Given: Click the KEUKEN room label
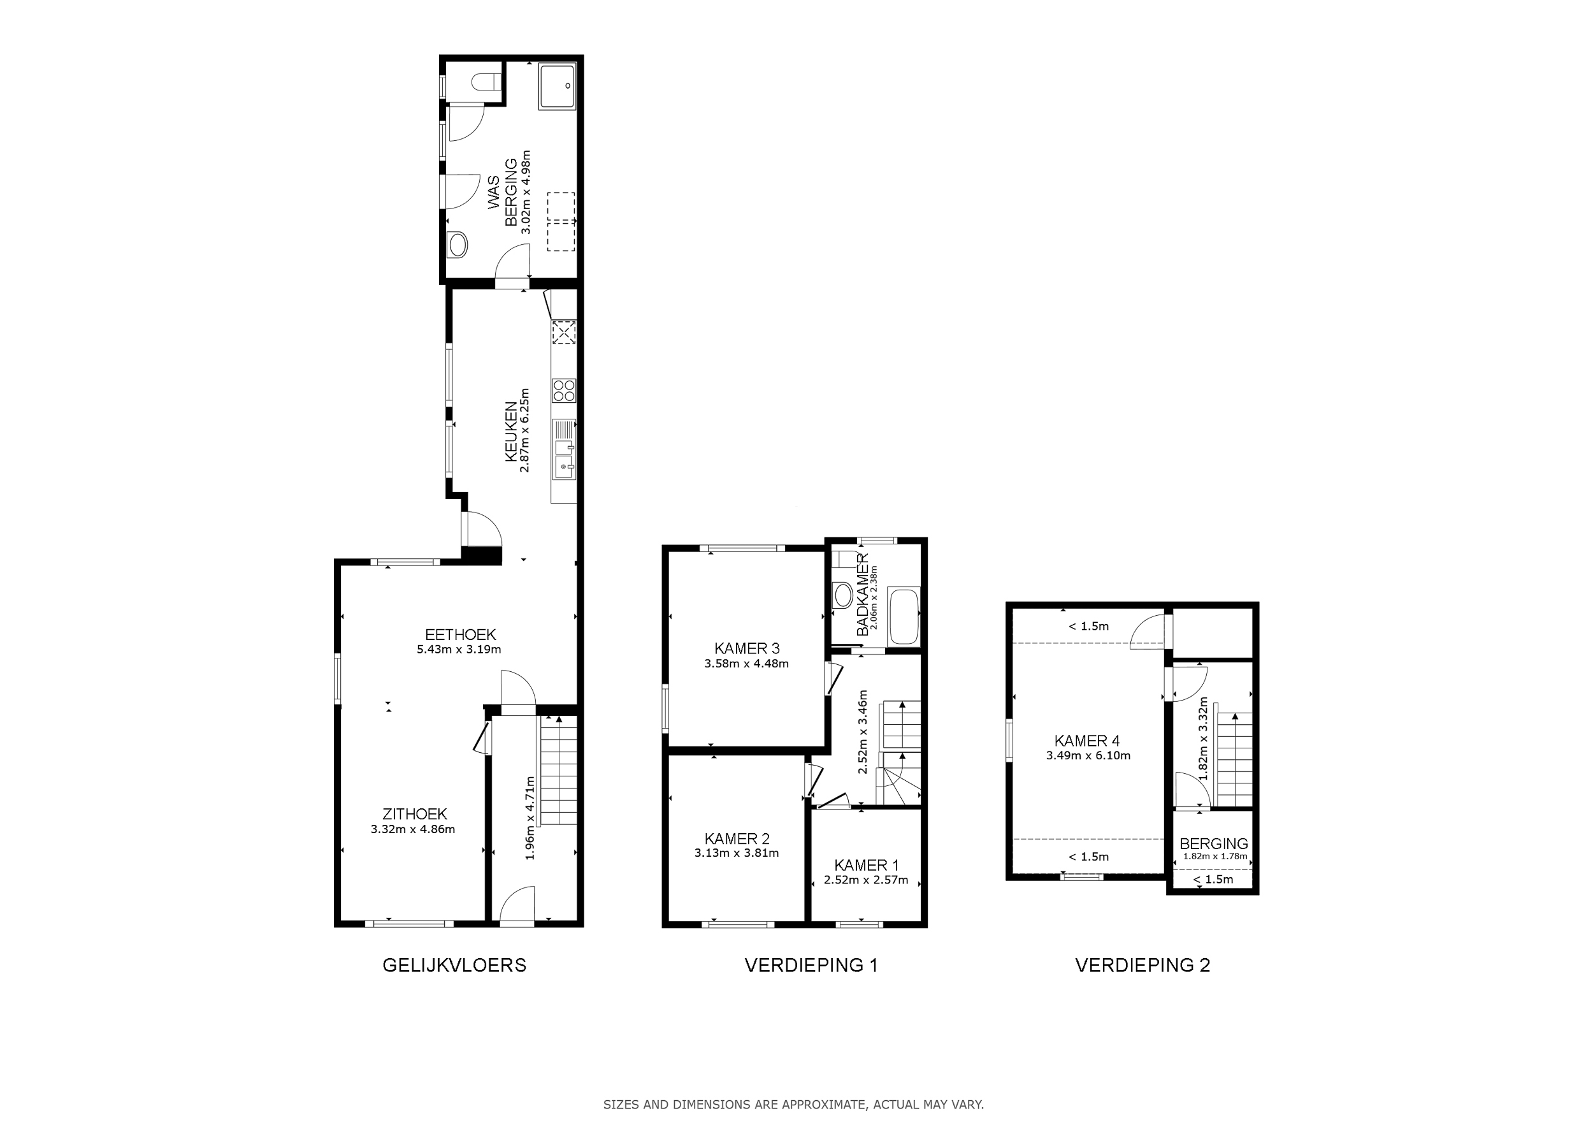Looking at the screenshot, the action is [510, 431].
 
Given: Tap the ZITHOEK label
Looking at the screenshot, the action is [414, 814].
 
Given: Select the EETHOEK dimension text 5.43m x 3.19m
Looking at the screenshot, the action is [459, 650].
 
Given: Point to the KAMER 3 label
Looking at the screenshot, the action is [747, 648].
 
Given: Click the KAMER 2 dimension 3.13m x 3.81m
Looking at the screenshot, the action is [736, 853].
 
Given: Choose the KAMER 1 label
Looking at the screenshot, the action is [866, 866].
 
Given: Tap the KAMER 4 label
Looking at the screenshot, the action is [1086, 741].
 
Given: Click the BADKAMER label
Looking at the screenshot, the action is [862, 595].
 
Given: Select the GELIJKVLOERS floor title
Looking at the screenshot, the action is [454, 965].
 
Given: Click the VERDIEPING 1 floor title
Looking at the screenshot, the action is [811, 965].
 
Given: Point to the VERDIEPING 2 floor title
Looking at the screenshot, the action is [1142, 965].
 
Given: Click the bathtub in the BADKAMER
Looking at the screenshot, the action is [904, 617].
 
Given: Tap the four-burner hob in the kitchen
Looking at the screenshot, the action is [564, 390].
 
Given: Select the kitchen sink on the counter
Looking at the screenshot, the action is [563, 449].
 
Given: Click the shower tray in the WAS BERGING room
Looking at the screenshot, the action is [557, 87].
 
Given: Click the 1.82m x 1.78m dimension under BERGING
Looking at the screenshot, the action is [1213, 856].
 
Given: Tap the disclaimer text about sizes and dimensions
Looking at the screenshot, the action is [794, 1105].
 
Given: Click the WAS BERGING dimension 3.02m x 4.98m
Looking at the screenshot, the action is [526, 193].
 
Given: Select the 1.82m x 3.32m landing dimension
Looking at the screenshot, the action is [1203, 739].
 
